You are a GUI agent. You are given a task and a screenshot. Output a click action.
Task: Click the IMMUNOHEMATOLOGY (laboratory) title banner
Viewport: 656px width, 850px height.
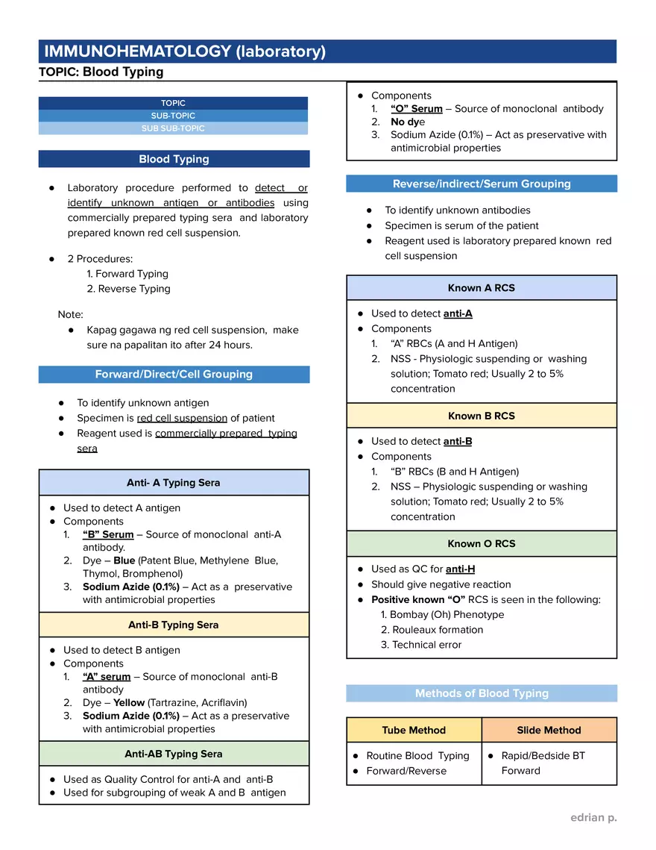click(327, 51)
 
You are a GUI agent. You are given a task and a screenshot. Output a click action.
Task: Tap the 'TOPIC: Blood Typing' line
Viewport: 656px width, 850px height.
click(101, 72)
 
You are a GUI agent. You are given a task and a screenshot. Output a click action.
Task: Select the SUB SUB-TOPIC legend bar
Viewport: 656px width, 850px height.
click(173, 128)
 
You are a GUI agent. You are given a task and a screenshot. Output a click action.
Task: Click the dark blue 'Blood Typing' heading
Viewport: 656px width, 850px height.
click(174, 159)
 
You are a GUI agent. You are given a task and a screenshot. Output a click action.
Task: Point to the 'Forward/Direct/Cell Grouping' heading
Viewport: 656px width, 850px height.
click(174, 374)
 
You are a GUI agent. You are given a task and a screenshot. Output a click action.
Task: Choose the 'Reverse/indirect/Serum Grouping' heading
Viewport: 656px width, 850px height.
click(482, 184)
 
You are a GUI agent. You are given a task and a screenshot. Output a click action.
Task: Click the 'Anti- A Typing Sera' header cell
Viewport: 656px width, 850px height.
click(174, 483)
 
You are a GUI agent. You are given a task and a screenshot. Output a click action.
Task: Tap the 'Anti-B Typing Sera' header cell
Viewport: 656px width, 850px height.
click(174, 625)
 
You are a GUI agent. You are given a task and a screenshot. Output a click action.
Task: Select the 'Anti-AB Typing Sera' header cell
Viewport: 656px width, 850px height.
click(174, 754)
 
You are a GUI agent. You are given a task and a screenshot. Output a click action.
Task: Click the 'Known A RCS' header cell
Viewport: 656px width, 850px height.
click(482, 288)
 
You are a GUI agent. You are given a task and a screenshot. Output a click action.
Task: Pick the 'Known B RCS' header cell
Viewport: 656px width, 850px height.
click(482, 416)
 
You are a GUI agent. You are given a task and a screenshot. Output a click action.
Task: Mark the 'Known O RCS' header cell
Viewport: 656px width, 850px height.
click(482, 543)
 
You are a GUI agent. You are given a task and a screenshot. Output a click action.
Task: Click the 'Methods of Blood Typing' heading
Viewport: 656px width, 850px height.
click(482, 693)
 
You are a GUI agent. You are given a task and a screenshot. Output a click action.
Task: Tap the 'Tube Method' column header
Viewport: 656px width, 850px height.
click(414, 730)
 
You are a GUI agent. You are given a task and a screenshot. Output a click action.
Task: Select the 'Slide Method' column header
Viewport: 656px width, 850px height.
click(549, 730)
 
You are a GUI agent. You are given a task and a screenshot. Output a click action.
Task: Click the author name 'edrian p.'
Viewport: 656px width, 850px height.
click(593, 818)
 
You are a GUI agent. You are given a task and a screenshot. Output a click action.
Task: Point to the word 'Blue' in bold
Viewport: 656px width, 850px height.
click(124, 560)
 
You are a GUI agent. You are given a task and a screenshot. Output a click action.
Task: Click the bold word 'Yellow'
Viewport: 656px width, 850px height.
click(129, 702)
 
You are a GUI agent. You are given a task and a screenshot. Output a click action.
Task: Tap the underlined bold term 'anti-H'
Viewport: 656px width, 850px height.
click(461, 569)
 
